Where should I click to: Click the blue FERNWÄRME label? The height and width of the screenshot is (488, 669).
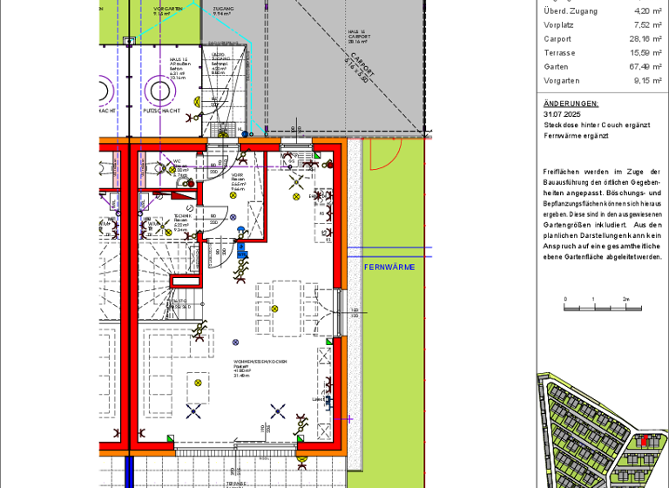(389, 267)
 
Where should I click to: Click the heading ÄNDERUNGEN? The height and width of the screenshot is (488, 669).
(571, 103)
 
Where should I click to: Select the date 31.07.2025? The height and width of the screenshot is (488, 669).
(562, 114)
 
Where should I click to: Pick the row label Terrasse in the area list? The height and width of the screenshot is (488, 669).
(559, 52)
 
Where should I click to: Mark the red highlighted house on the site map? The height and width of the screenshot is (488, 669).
(643, 441)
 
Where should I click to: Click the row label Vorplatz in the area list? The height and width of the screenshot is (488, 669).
(558, 24)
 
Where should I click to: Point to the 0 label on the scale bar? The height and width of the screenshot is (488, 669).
(564, 299)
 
